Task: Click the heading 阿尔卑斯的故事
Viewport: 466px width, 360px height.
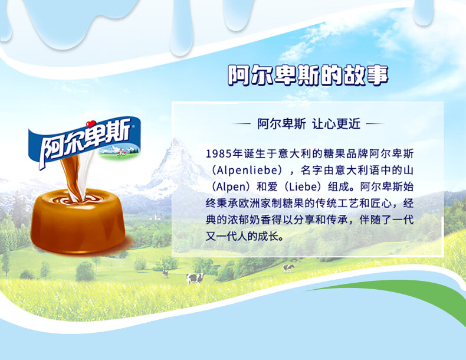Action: click(308, 75)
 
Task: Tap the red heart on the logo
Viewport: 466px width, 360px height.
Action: click(91, 124)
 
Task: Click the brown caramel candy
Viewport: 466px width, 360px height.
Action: click(78, 221)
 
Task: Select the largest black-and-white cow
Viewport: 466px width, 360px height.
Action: click(195, 279)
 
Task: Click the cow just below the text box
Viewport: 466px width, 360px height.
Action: click(288, 268)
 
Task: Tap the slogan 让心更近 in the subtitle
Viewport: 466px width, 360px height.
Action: click(336, 124)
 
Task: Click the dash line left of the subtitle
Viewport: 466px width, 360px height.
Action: click(241, 124)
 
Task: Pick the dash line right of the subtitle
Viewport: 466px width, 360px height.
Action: click(376, 124)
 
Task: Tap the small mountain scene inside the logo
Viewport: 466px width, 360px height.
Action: click(119, 150)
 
